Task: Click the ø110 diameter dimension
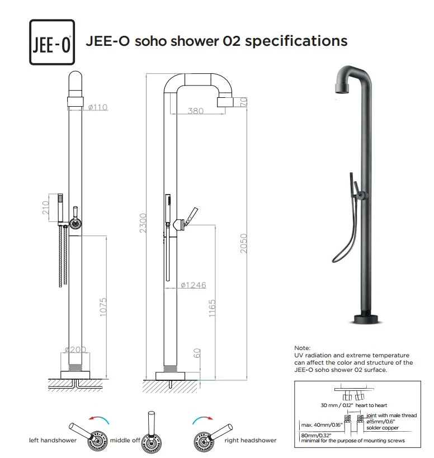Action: pyautogui.click(x=97, y=107)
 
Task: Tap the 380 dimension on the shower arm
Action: pyautogui.click(x=196, y=111)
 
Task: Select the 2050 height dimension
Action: pyautogui.click(x=243, y=243)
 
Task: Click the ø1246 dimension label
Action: pyautogui.click(x=193, y=285)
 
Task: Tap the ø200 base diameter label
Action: pyautogui.click(x=75, y=350)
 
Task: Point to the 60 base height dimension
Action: pyautogui.click(x=197, y=353)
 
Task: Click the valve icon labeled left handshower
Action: pyautogui.click(x=97, y=440)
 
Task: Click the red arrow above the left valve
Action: pyautogui.click(x=98, y=418)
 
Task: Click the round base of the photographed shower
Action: pyautogui.click(x=367, y=319)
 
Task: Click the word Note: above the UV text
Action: pyautogui.click(x=302, y=348)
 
